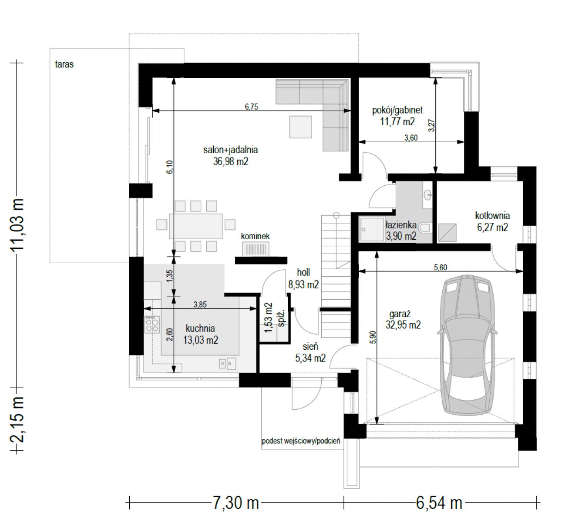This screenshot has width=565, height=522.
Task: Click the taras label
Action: point(64,64)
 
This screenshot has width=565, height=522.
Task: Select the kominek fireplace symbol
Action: point(256,249)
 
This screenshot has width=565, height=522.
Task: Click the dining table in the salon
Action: point(196,226)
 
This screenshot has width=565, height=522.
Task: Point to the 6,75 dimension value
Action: point(252,107)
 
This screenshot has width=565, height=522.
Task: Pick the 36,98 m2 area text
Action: point(231,161)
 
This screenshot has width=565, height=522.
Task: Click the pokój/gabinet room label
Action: point(397,110)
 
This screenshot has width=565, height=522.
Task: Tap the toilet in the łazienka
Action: point(424,228)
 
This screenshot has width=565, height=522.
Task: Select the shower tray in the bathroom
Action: point(372,229)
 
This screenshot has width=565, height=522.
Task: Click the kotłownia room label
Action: point(492,215)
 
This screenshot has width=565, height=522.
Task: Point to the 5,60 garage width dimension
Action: point(441,267)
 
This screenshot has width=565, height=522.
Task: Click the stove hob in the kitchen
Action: point(152,325)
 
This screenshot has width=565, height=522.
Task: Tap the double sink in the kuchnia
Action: point(227,364)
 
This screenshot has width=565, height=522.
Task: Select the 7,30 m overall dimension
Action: point(235,503)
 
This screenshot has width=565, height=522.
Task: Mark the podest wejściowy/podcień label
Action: point(301,441)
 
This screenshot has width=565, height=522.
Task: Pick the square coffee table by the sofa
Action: point(300,127)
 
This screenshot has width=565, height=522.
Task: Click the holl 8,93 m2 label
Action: point(303,278)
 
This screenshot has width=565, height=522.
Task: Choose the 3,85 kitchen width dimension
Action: point(200,304)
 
